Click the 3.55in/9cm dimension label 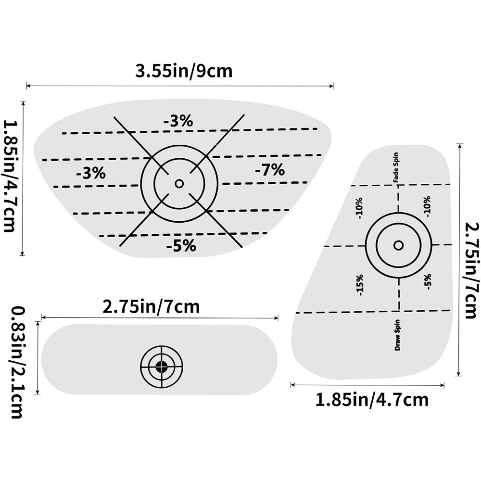pos(184,71)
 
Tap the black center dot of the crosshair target pos(162,367)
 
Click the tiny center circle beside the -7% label pos(179,183)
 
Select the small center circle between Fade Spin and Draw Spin pos(398,245)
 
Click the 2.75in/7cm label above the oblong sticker pos(151,307)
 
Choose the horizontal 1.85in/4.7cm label pos(371,399)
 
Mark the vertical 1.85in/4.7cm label pos(11,177)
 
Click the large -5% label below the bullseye pos(181,246)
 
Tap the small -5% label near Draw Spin pos(428,281)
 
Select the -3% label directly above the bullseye pos(178,122)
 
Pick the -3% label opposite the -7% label pos(90,173)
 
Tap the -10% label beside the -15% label pos(360,208)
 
